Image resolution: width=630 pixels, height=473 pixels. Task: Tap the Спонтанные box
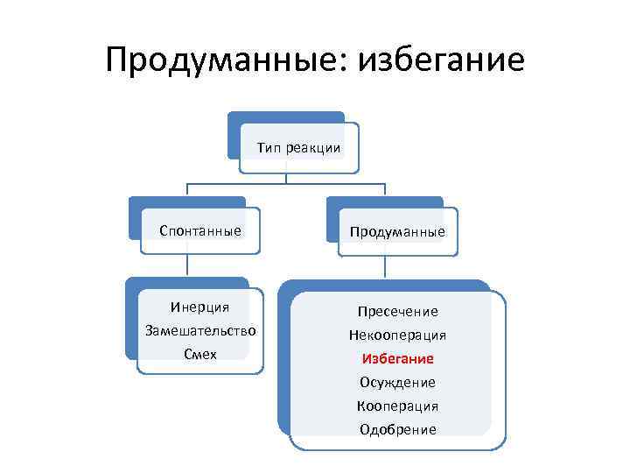[200, 231]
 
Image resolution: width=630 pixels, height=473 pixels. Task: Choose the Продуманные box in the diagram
[397, 232]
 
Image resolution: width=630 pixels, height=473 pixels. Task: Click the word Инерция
[200, 307]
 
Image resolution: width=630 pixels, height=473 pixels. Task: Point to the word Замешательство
[200, 330]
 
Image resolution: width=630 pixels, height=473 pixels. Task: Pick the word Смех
[200, 354]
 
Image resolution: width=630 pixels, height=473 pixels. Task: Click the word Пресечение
[397, 312]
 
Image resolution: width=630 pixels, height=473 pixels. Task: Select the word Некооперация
[397, 335]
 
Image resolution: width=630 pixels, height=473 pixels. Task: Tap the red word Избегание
[397, 359]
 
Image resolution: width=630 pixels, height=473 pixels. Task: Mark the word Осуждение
[397, 383]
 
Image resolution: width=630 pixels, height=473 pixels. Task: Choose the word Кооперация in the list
[397, 406]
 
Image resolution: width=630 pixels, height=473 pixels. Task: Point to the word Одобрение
[397, 430]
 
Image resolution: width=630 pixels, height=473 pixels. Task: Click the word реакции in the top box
[312, 147]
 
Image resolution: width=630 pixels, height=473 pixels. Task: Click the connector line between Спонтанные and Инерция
[187, 266]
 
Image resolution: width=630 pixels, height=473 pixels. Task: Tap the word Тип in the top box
[268, 147]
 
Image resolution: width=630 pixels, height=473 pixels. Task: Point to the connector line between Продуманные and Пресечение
[385, 268]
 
